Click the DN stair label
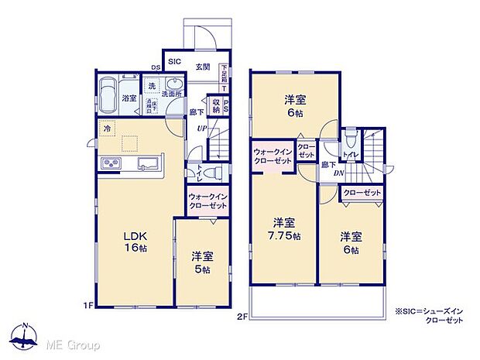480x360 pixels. [339, 173]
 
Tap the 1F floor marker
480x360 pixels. [90, 306]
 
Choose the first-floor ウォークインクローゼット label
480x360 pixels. [207, 201]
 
